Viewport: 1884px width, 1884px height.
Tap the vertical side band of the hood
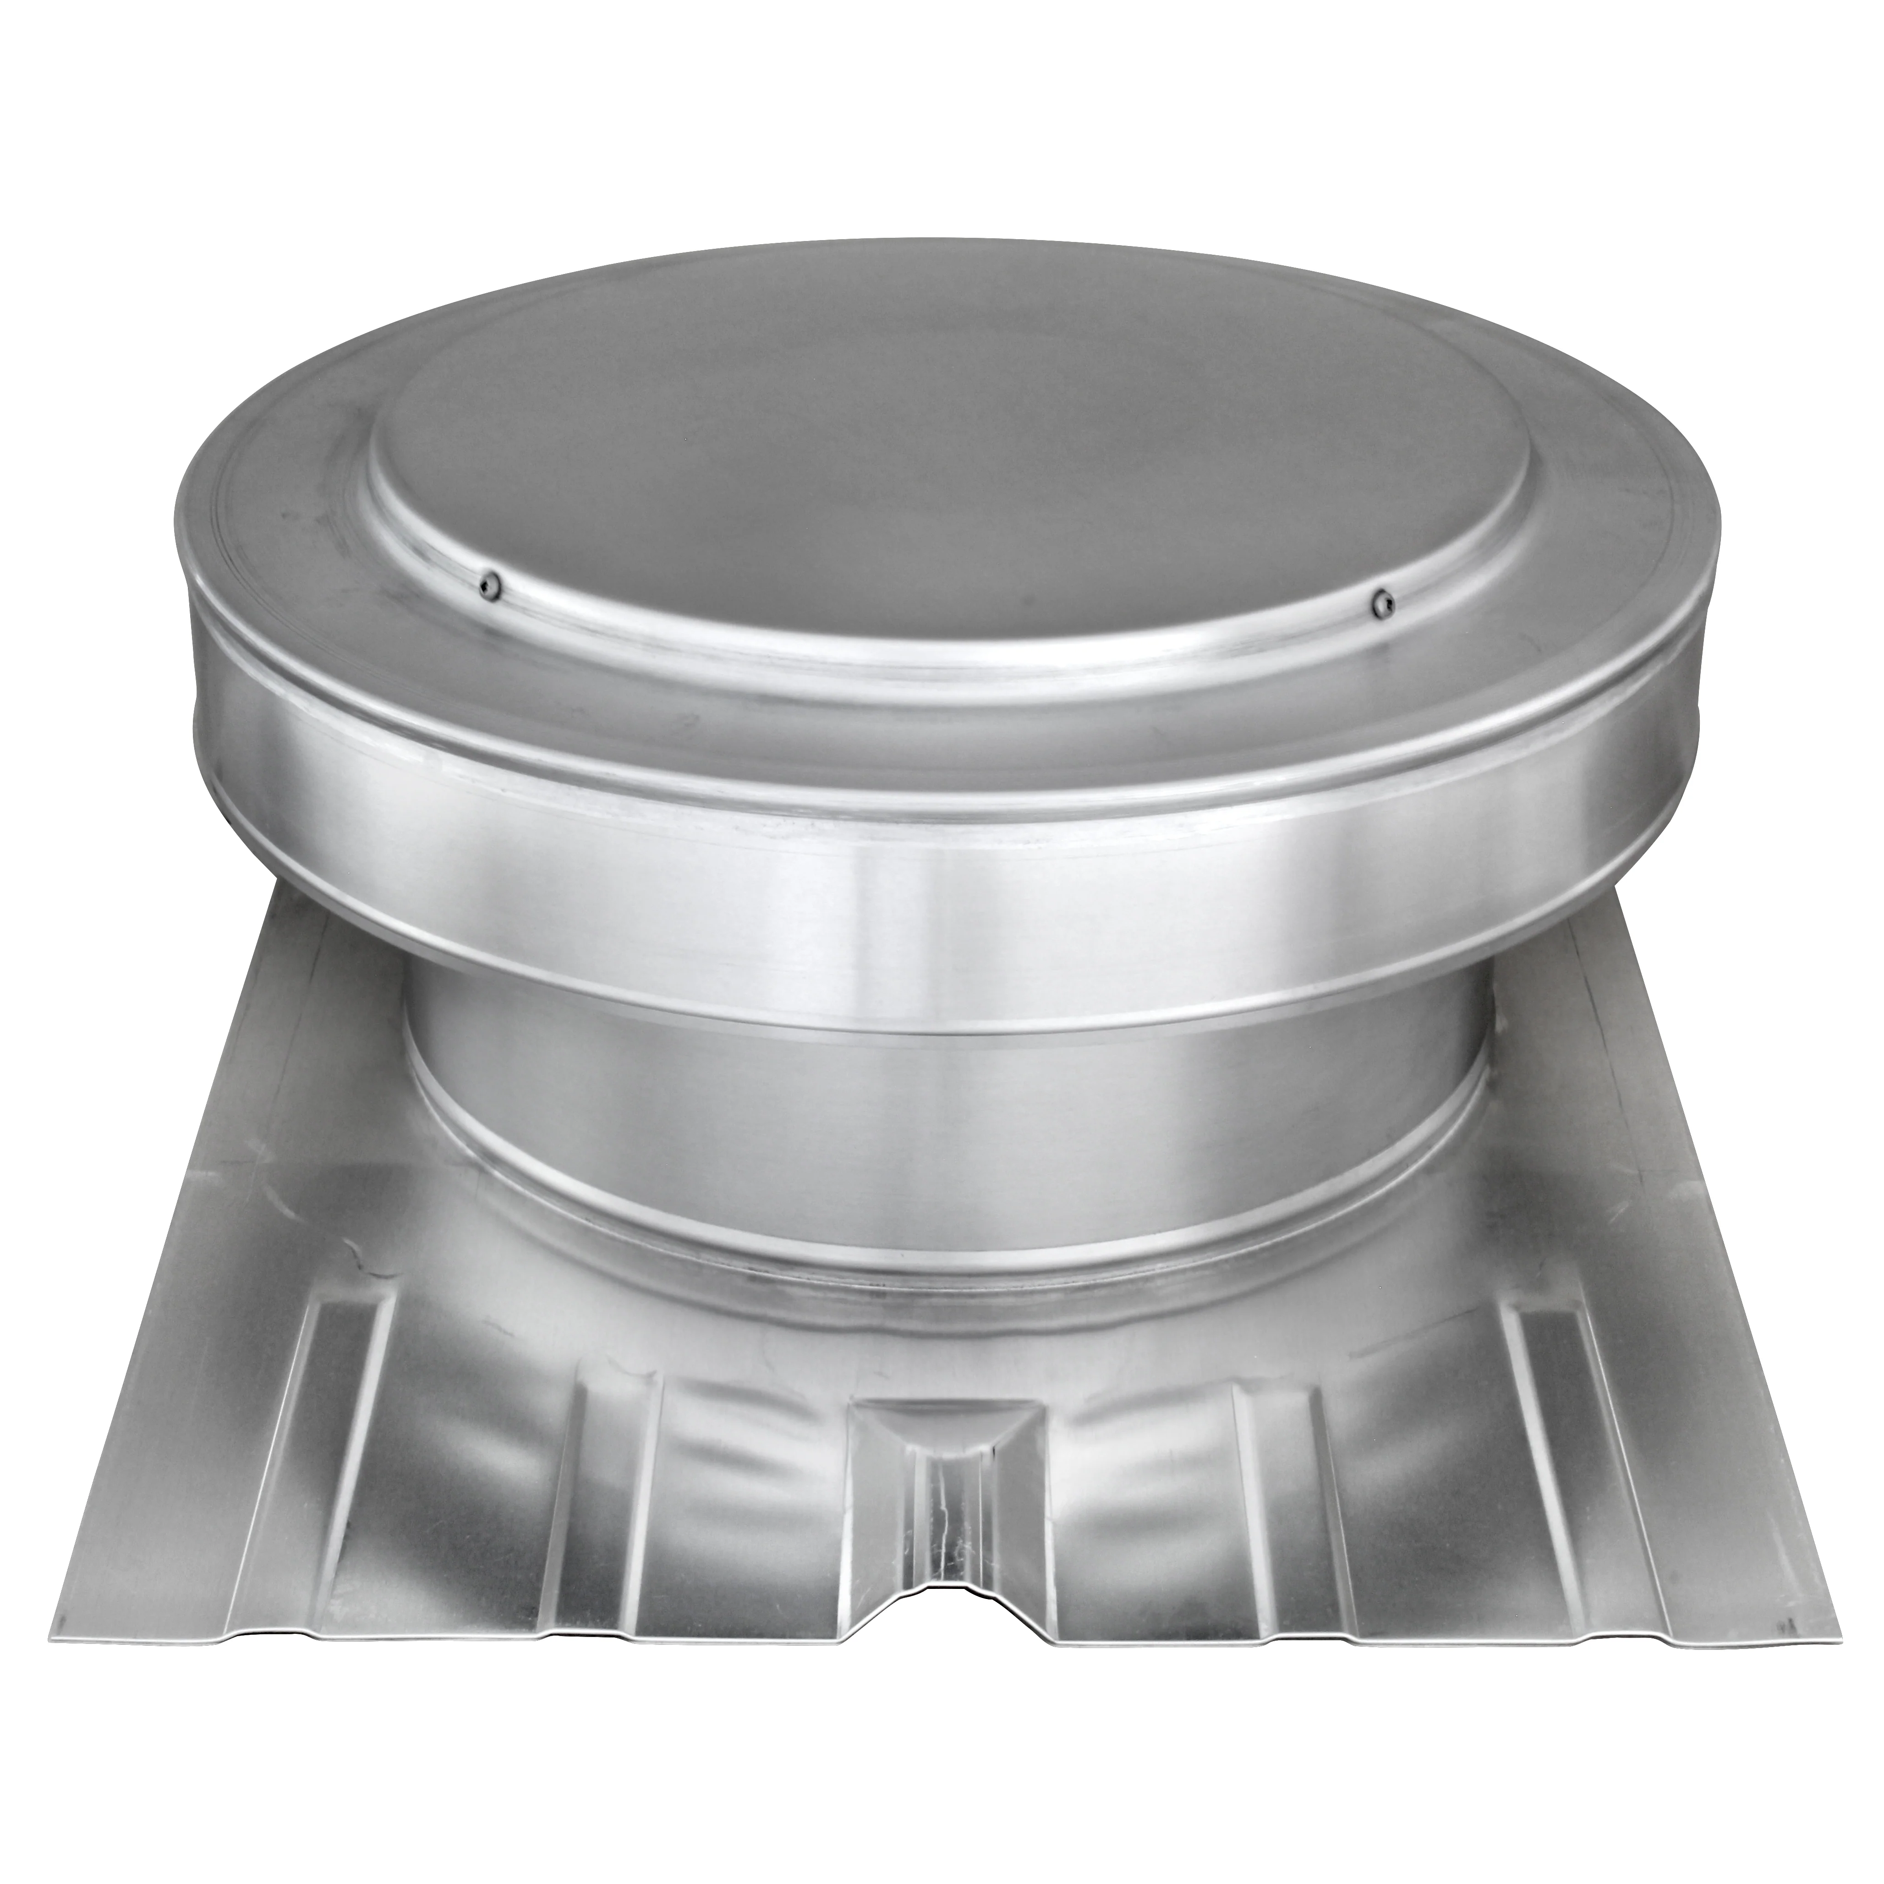936,858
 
